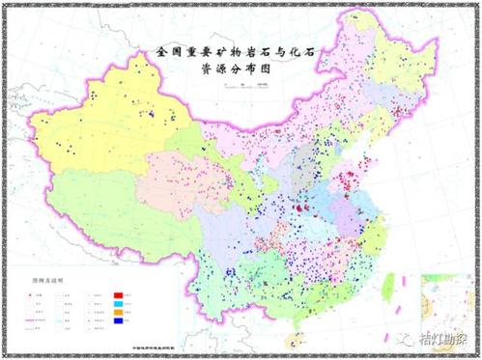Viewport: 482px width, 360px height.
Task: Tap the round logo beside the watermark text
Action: tap(411, 339)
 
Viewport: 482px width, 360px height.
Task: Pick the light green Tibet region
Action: tap(106, 208)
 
